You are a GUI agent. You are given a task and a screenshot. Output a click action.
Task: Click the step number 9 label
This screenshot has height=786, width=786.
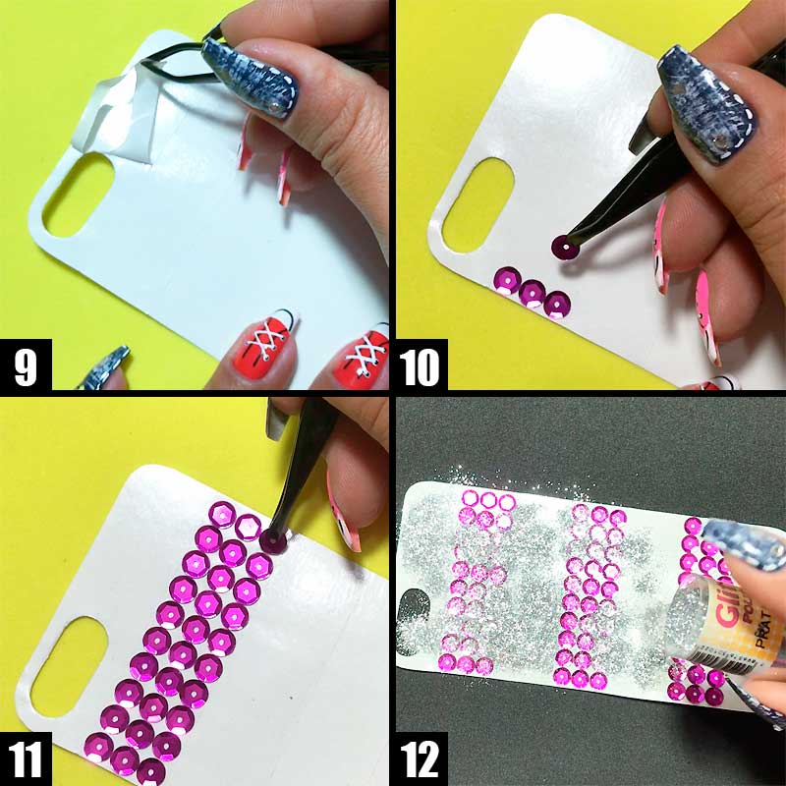[26, 366]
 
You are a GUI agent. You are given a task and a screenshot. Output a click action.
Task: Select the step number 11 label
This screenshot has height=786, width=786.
[26, 759]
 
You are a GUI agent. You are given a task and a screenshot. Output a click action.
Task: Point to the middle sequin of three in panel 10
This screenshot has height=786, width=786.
[533, 293]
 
